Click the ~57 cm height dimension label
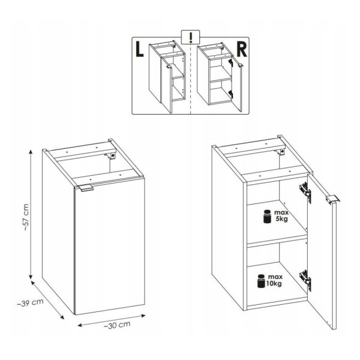click(x=25, y=217)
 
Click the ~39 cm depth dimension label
click(x=31, y=302)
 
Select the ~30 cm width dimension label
click(x=117, y=325)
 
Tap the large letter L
click(x=139, y=49)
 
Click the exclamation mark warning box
click(x=191, y=37)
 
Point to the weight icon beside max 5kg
click(x=267, y=216)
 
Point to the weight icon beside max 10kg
click(x=262, y=281)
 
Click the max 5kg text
click(x=281, y=216)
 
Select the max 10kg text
click(x=275, y=280)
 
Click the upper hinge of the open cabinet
click(x=305, y=192)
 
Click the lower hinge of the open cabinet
click(x=305, y=280)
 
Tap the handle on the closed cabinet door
click(x=86, y=188)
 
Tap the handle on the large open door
click(x=333, y=199)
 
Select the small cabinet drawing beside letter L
click(x=167, y=77)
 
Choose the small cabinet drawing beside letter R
click(x=220, y=77)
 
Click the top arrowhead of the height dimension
click(x=31, y=152)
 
